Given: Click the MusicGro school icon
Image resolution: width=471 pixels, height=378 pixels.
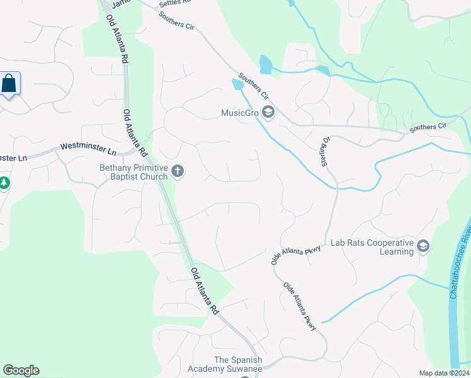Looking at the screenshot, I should coord(269,113).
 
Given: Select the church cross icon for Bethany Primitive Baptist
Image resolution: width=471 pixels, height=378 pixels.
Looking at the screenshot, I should coord(178,171).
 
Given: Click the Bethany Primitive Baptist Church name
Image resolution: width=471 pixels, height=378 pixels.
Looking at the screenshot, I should coord(133,172).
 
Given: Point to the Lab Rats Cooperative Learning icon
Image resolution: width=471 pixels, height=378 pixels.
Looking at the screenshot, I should coord(423,246).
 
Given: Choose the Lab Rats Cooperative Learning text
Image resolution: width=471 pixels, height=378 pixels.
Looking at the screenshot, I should coord(372,247).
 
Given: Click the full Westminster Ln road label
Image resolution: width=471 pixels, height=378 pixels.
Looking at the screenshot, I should coord(89,149).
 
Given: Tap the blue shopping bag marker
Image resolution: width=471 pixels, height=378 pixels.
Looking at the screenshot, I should coord(9,83).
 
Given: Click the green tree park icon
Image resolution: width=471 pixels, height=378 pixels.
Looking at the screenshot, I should coord(4,183).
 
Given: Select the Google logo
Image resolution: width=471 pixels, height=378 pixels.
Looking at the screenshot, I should coord(21,370).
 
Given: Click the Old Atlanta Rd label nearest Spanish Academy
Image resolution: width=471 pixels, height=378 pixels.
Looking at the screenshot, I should coord(205,290).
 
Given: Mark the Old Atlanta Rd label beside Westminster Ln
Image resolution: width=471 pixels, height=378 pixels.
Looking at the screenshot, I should coord(134,134).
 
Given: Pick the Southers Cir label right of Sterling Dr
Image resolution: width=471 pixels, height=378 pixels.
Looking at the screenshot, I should coord(428,127).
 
